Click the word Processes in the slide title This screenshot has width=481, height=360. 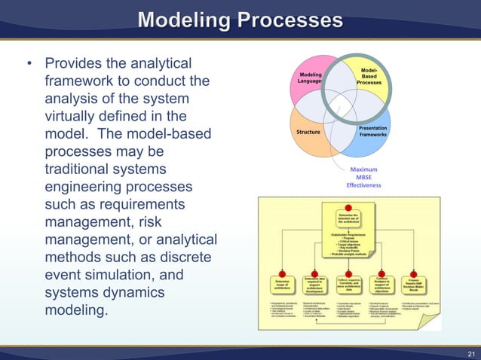pyautogui.click(x=293, y=20)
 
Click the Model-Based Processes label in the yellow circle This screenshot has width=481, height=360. pyautogui.click(x=369, y=75)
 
